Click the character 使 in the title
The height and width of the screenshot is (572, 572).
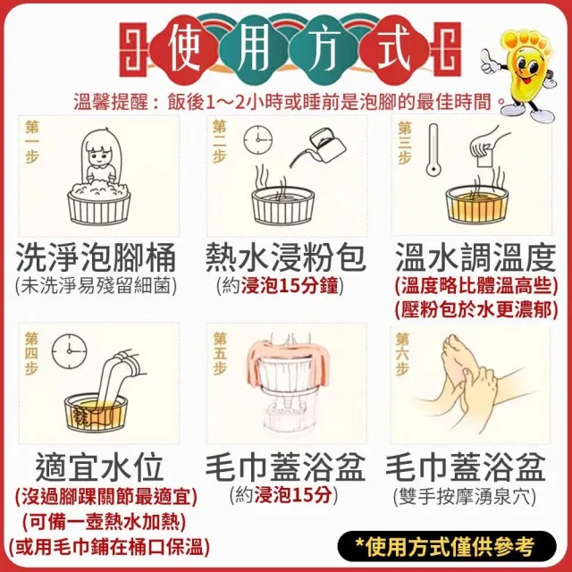pyautogui.click(x=185, y=48)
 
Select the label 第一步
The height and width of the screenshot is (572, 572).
pyautogui.click(x=32, y=142)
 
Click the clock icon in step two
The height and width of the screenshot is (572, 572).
pyautogui.click(x=258, y=139)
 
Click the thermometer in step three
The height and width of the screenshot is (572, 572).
pyautogui.click(x=433, y=149)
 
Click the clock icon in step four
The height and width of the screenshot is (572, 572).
pyautogui.click(x=70, y=350)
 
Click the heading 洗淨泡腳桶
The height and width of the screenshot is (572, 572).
pyautogui.click(x=97, y=257)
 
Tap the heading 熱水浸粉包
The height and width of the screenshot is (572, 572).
pyautogui.click(x=286, y=257)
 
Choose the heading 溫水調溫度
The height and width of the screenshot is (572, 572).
pyautogui.click(x=475, y=257)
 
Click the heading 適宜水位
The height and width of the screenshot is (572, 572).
pyautogui.click(x=99, y=467)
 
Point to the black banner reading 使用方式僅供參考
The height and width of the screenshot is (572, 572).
pyautogui.click(x=447, y=546)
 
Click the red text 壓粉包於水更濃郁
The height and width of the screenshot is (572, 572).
pyautogui.click(x=476, y=310)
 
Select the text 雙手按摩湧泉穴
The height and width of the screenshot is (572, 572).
pyautogui.click(x=465, y=496)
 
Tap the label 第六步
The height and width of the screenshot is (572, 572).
pyautogui.click(x=403, y=354)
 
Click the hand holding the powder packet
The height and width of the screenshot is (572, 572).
pyautogui.click(x=490, y=140)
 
